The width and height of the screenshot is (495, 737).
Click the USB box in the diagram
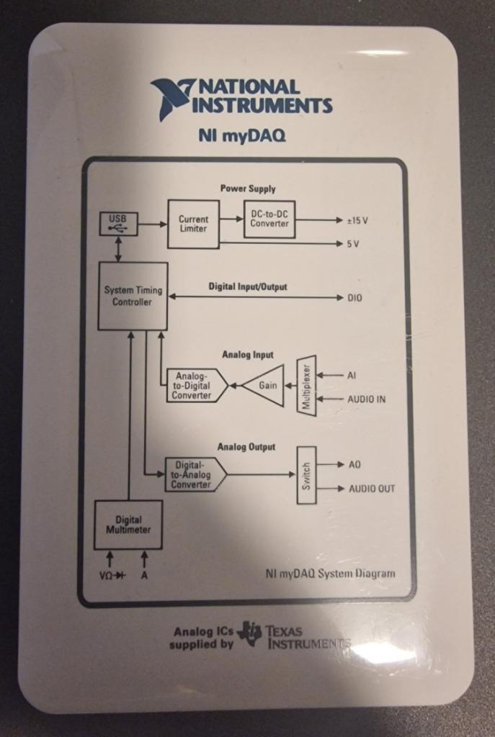(117, 224)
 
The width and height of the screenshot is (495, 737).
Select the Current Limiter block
(193, 224)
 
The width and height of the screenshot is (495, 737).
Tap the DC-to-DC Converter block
(269, 219)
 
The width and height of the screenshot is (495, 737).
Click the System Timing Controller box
(133, 296)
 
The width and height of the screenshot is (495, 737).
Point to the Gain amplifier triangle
(264, 385)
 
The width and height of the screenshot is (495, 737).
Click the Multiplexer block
(306, 385)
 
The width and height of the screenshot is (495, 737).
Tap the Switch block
(306, 475)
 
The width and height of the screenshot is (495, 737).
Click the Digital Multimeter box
(128, 525)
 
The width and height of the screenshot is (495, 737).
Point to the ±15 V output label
(357, 220)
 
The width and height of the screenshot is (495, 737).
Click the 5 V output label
(353, 244)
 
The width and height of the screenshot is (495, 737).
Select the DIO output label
(355, 298)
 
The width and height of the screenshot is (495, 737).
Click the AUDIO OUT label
(372, 489)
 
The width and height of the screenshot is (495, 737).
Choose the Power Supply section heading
(248, 189)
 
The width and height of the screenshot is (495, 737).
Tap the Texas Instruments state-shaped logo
(250, 633)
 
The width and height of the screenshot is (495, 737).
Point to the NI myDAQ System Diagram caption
(330, 574)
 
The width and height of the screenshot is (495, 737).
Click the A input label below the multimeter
(144, 577)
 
